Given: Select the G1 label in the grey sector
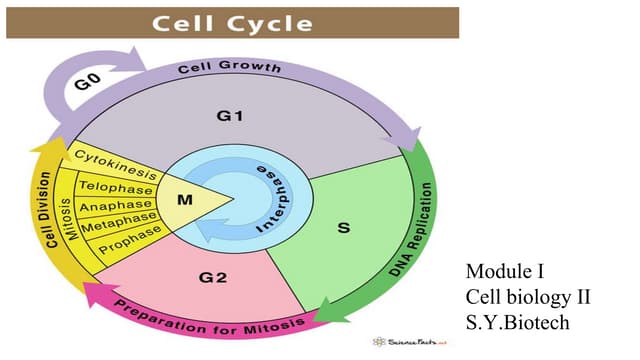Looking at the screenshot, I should tap(231, 117).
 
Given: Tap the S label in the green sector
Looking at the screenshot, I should tap(343, 229).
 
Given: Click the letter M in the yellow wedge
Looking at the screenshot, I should tap(184, 199).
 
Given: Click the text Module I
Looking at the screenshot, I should tap(506, 271).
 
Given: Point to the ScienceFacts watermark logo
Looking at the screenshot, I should tap(410, 341).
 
